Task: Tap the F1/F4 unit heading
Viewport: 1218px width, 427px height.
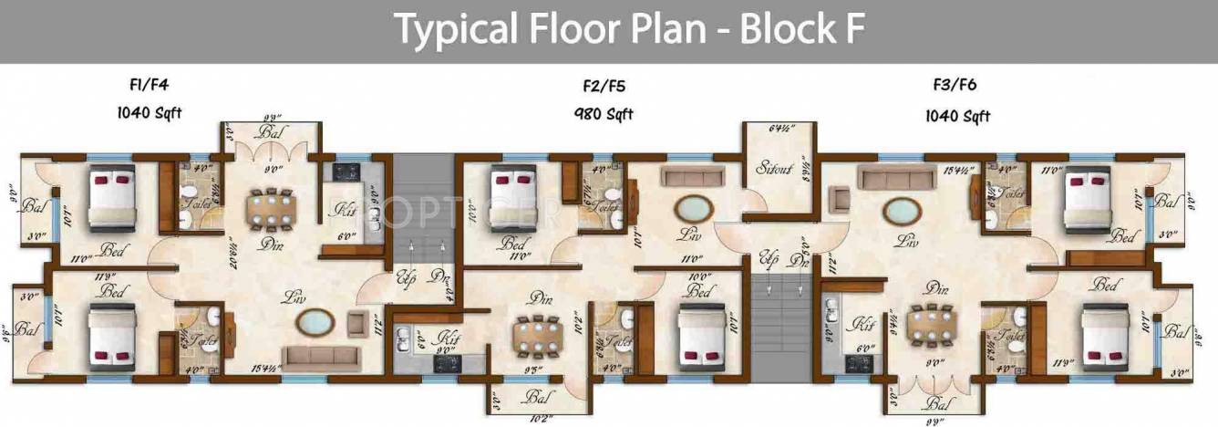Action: [x=150, y=87]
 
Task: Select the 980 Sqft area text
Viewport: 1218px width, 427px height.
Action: [x=603, y=114]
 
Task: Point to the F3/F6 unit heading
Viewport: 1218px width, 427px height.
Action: [x=957, y=87]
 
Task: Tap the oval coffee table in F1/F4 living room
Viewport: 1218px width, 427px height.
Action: [x=317, y=321]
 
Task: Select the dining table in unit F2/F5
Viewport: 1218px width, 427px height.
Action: [x=535, y=335]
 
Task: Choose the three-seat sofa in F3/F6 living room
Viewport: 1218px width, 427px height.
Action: [x=891, y=175]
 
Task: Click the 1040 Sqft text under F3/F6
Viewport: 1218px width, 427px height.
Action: [x=957, y=116]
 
